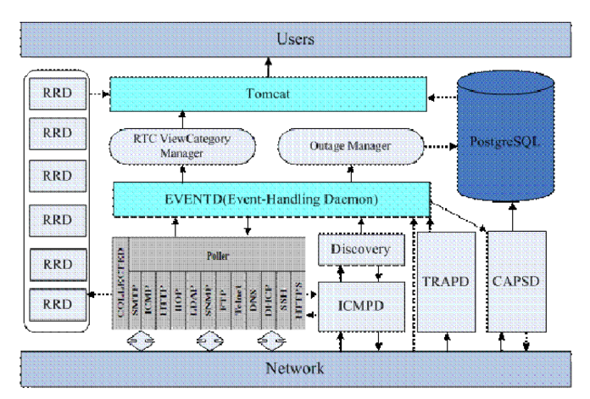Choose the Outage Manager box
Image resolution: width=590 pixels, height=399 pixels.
pos(353,146)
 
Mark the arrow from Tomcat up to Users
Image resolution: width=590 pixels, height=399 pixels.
pos(270,65)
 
